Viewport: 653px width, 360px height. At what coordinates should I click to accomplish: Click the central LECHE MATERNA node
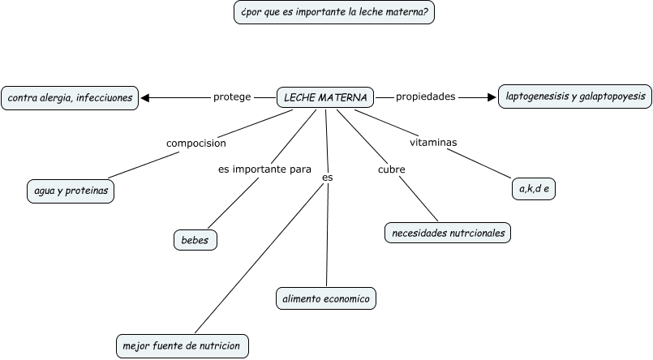(x=325, y=98)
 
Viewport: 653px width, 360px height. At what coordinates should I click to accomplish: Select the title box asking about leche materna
(x=333, y=13)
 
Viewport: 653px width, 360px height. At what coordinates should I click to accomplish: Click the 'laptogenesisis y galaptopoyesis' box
(x=575, y=96)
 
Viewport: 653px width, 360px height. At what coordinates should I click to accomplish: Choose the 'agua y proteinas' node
(x=71, y=191)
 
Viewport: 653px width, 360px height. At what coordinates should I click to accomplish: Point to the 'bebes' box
(x=195, y=240)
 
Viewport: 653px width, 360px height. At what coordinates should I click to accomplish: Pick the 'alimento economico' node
(x=326, y=298)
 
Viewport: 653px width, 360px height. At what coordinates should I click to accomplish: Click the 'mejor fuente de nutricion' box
(x=182, y=345)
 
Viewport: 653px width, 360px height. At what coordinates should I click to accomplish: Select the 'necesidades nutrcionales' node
(x=448, y=233)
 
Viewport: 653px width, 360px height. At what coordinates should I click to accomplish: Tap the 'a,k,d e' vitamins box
(x=534, y=189)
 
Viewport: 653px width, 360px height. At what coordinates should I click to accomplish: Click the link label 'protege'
(x=232, y=97)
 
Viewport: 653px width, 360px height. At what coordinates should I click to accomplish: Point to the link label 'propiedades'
(x=425, y=96)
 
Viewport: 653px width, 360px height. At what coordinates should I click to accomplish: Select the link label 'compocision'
(x=195, y=144)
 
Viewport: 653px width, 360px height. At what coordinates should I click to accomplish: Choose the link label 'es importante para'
(x=264, y=169)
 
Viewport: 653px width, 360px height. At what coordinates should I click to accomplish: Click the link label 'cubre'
(x=392, y=169)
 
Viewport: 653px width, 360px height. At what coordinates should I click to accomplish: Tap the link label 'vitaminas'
(x=433, y=143)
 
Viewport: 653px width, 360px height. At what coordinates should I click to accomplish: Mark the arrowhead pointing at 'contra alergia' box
(x=146, y=98)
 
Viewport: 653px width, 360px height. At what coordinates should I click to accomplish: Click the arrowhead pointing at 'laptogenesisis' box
(x=491, y=97)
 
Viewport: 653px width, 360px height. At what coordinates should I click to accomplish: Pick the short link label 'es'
(x=327, y=176)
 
